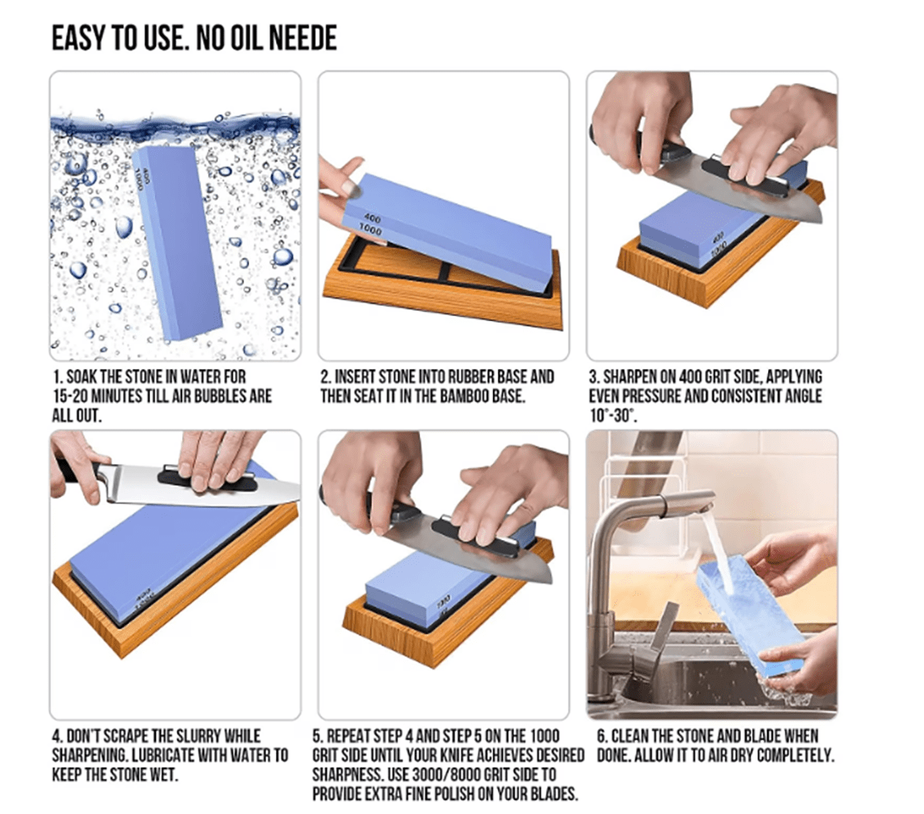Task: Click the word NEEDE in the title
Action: click(x=303, y=38)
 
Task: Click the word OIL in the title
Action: click(x=245, y=38)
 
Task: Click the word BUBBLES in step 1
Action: click(x=216, y=396)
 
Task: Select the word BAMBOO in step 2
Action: click(x=462, y=396)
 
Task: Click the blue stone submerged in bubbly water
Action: click(x=177, y=243)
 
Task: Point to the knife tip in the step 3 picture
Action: click(x=820, y=219)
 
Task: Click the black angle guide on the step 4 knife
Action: click(x=207, y=479)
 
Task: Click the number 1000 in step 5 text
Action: click(x=545, y=736)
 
